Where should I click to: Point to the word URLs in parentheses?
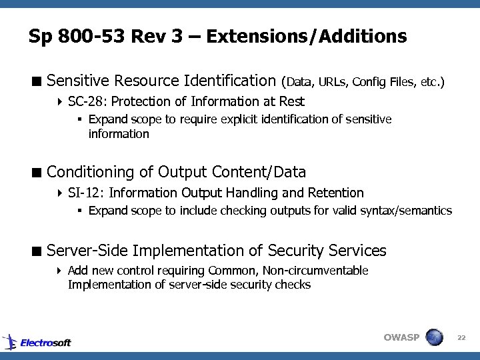(332, 83)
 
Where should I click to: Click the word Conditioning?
(91, 173)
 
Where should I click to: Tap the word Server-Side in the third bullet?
(87, 251)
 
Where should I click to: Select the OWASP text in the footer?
(401, 337)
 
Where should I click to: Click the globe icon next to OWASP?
(434, 337)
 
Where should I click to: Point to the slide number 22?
(461, 338)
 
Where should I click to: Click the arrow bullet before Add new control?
(59, 271)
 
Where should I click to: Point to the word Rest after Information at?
(293, 102)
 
